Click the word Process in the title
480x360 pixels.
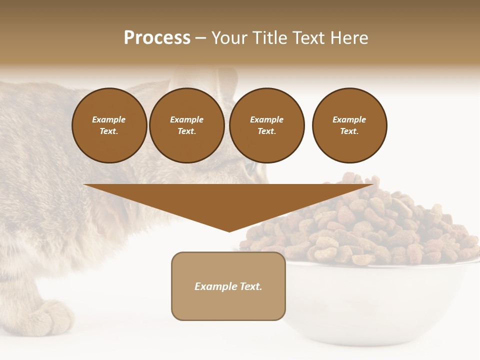click(157, 38)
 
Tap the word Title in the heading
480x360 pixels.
click(269, 38)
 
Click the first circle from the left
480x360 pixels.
click(109, 125)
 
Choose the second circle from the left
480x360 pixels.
click(187, 125)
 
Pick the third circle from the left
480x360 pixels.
click(267, 125)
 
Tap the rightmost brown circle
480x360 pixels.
click(349, 125)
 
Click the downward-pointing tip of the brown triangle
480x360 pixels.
click(229, 230)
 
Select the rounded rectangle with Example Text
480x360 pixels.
click(228, 286)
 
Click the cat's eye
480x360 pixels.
click(250, 167)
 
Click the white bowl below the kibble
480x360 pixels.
click(380, 300)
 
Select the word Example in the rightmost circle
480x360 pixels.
click(349, 119)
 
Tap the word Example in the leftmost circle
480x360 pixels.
click(109, 119)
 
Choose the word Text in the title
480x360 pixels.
click(309, 38)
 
